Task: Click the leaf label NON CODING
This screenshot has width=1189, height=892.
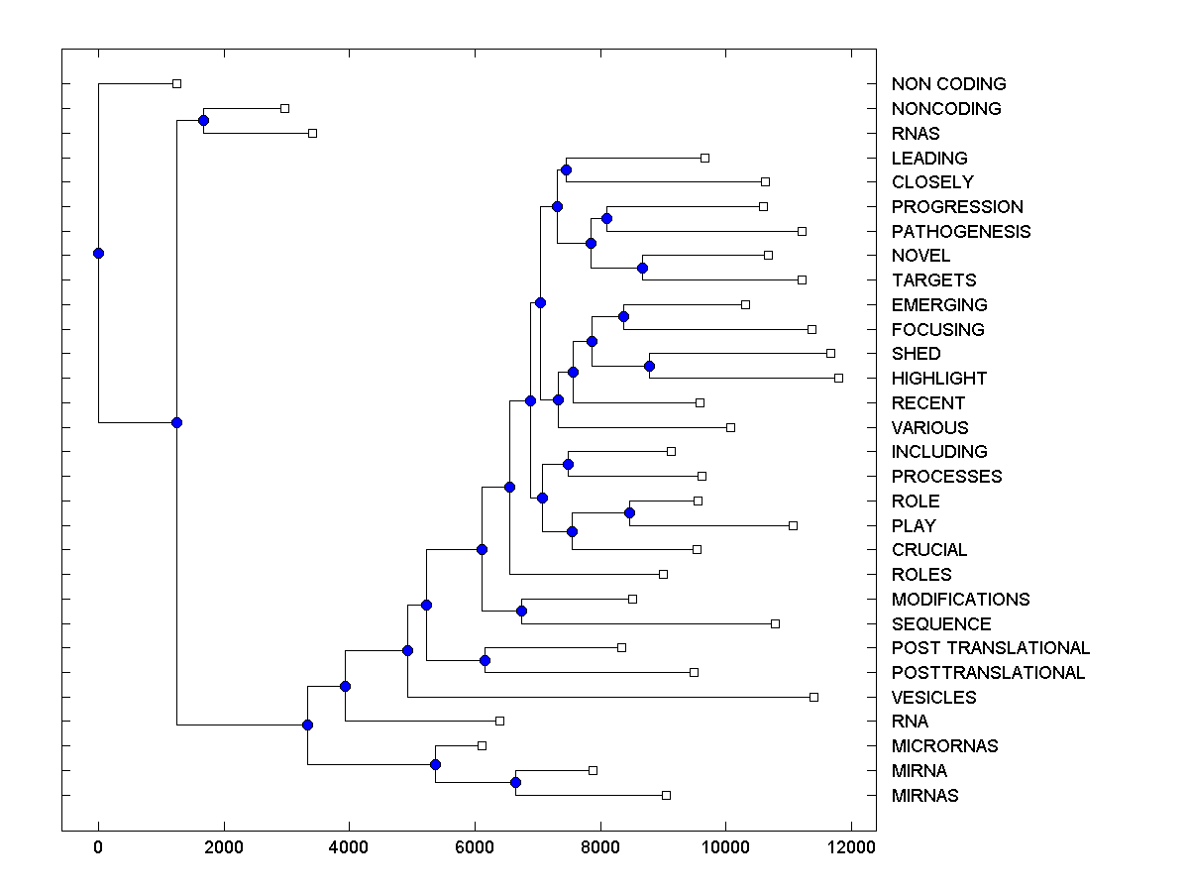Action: tap(948, 84)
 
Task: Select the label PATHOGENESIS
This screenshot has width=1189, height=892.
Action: tap(960, 231)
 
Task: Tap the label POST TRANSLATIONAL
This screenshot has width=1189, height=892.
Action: tap(990, 648)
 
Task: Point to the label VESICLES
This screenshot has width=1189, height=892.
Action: tap(933, 697)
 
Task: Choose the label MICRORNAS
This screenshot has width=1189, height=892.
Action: tap(944, 745)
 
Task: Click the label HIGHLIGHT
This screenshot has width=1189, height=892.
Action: tap(938, 378)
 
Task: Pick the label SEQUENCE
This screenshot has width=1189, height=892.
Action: tap(940, 623)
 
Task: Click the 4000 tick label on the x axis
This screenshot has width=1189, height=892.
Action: tap(349, 847)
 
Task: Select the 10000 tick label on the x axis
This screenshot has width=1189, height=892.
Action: tap(725, 847)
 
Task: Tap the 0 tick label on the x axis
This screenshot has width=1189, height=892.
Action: tap(98, 847)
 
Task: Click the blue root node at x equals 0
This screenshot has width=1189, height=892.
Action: tap(98, 253)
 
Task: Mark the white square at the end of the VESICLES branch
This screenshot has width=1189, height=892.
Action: tap(813, 697)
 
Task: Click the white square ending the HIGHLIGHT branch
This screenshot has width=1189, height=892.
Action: tap(838, 378)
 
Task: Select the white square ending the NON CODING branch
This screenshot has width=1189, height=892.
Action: tap(176, 84)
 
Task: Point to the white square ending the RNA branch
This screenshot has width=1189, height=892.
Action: tap(499, 721)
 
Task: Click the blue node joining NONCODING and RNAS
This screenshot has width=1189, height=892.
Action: tap(203, 120)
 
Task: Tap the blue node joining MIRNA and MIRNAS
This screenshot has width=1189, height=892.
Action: tap(515, 782)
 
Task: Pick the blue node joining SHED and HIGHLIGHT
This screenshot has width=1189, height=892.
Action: tap(650, 366)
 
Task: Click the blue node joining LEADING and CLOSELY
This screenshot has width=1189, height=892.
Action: tap(566, 169)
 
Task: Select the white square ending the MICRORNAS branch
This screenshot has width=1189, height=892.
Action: tap(482, 745)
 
